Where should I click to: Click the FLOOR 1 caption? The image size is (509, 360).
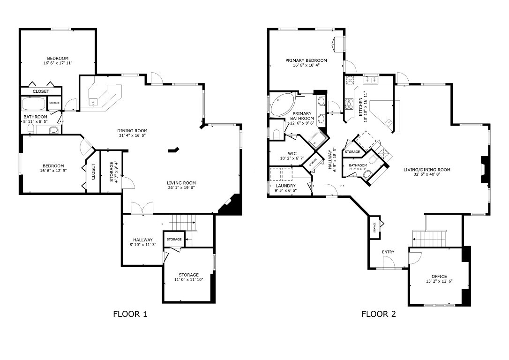click(130, 314)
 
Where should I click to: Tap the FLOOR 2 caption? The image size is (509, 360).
click(378, 314)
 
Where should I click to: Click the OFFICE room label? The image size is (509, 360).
click(439, 276)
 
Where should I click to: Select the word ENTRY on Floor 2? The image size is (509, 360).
click(388, 252)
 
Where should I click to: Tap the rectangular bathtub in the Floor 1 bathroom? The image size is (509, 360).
click(33, 104)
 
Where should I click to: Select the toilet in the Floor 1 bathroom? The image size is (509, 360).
click(53, 130)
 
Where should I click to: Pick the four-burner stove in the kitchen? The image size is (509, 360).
click(349, 104)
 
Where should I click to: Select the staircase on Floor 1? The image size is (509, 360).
click(181, 220)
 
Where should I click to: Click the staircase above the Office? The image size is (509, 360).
click(427, 239)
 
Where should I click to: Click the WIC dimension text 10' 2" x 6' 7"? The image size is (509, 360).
click(292, 158)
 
